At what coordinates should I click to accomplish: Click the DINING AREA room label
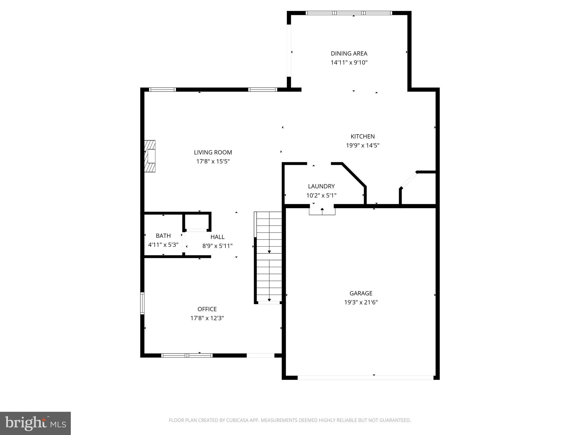tap(349, 54)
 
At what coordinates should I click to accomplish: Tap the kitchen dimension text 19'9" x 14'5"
tap(362, 146)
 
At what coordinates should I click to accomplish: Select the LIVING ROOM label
tap(213, 152)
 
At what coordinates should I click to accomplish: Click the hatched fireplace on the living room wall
tap(150, 156)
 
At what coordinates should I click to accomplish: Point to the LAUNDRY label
tap(321, 186)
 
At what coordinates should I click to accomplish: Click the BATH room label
tap(163, 236)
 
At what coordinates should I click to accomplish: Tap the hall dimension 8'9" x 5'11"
tap(217, 246)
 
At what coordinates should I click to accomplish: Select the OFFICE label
tap(207, 309)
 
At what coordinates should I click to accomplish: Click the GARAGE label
tap(361, 293)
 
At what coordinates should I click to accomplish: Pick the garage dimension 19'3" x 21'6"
tap(361, 302)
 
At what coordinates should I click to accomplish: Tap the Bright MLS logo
tap(35, 423)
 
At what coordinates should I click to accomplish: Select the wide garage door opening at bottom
tap(365, 378)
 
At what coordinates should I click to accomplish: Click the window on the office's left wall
tap(142, 303)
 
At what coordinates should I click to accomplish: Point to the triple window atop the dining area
tap(349, 13)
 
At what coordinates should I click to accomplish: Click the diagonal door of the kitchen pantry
tap(409, 180)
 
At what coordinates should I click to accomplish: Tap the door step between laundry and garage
tap(322, 211)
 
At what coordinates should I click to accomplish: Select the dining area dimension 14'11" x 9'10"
tap(349, 63)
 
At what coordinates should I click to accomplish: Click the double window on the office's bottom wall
tap(187, 355)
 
